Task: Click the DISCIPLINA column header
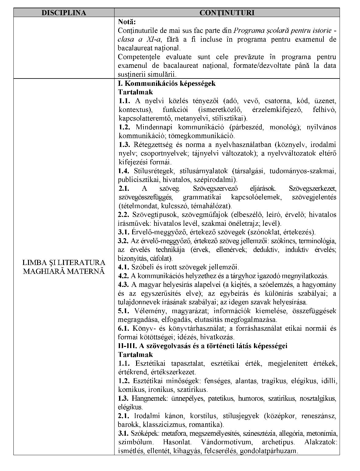64,13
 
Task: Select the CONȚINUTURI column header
227,13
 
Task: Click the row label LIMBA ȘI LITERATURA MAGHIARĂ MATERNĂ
64,267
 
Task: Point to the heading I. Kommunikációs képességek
167,83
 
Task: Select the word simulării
163,74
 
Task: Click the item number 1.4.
124,171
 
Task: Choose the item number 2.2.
124,215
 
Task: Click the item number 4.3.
124,285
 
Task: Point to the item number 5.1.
124,311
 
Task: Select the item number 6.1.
124,329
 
